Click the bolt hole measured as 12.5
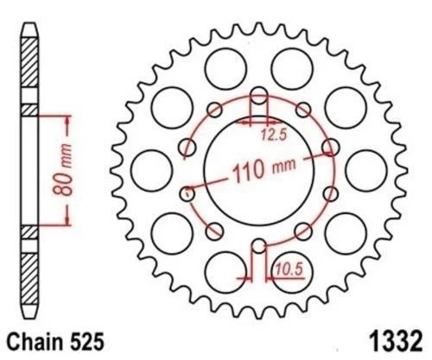tap(256, 97)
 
